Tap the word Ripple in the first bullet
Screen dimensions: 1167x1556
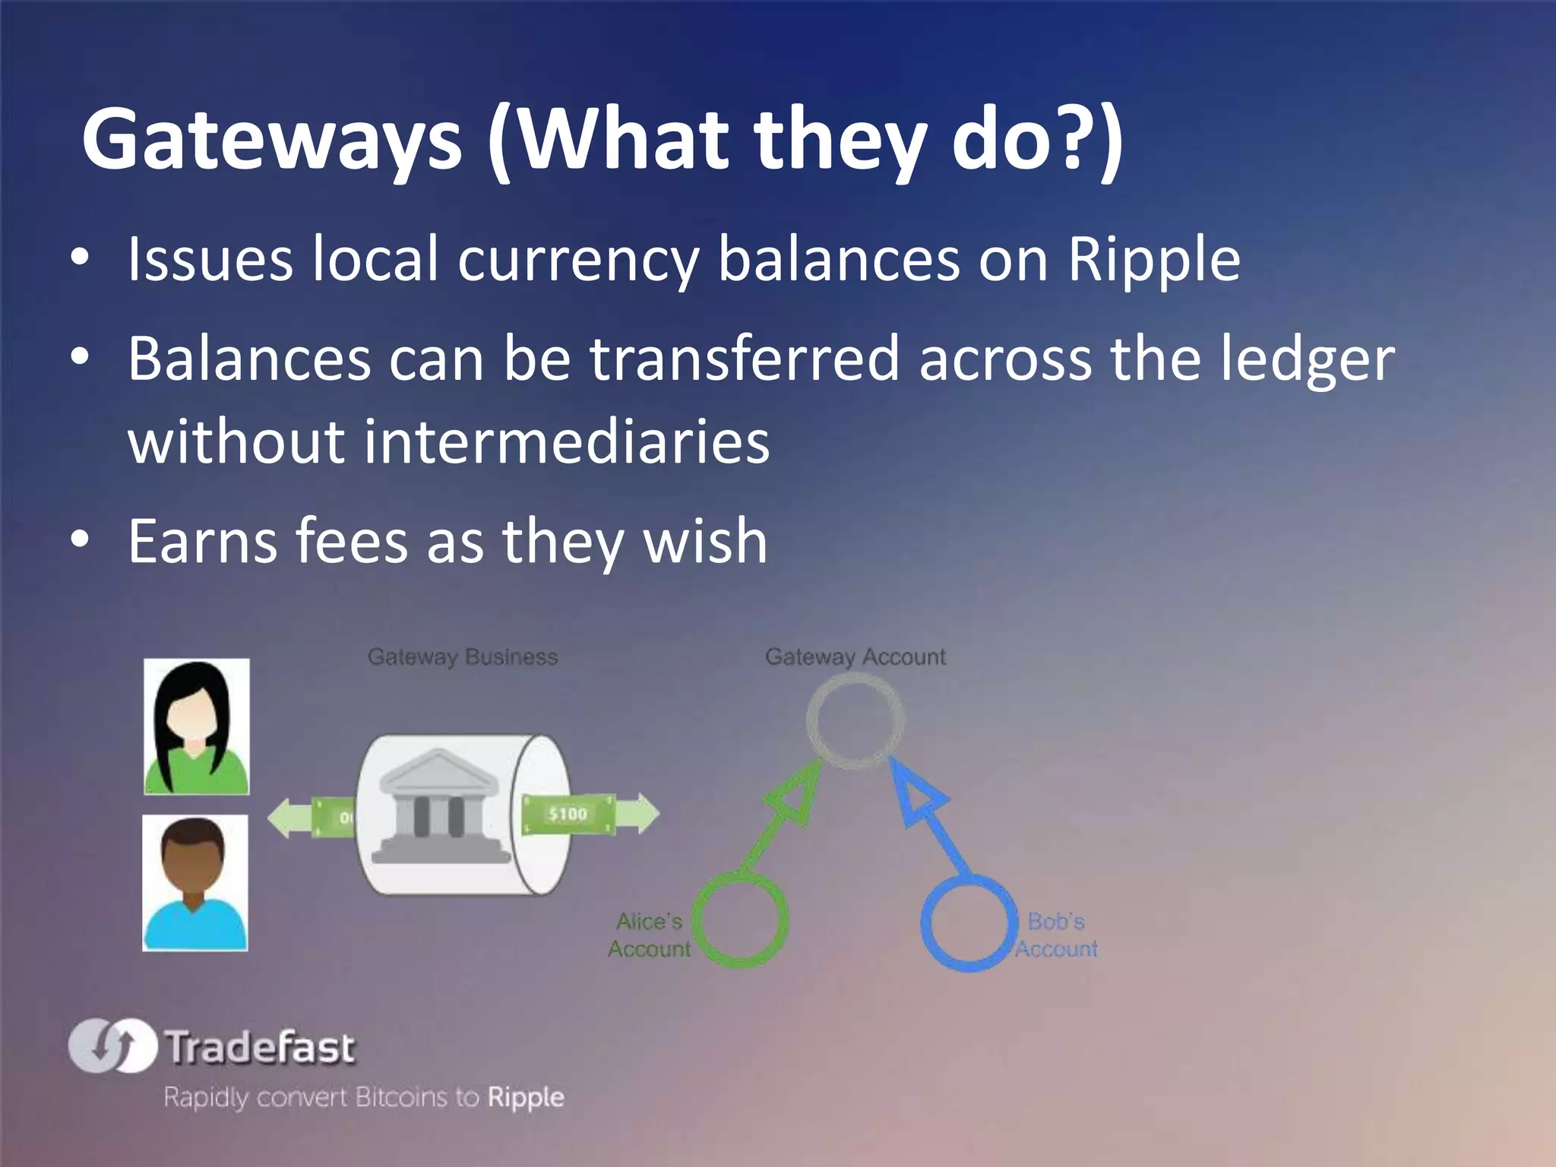(1153, 259)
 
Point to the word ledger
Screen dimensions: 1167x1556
(1307, 359)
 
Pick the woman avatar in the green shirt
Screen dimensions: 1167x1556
(197, 726)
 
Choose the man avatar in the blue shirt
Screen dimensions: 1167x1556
(195, 883)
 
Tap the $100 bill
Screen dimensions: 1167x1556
(568, 814)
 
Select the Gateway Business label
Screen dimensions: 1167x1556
(463, 656)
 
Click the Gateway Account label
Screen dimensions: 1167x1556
(855, 656)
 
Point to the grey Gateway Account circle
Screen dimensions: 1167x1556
(855, 718)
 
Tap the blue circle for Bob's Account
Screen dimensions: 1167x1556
(969, 922)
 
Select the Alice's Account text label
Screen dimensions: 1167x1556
(649, 935)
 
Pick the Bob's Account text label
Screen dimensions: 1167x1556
(1056, 935)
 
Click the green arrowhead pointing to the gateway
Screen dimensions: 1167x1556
(794, 797)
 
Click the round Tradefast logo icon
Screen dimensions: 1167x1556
(112, 1045)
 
